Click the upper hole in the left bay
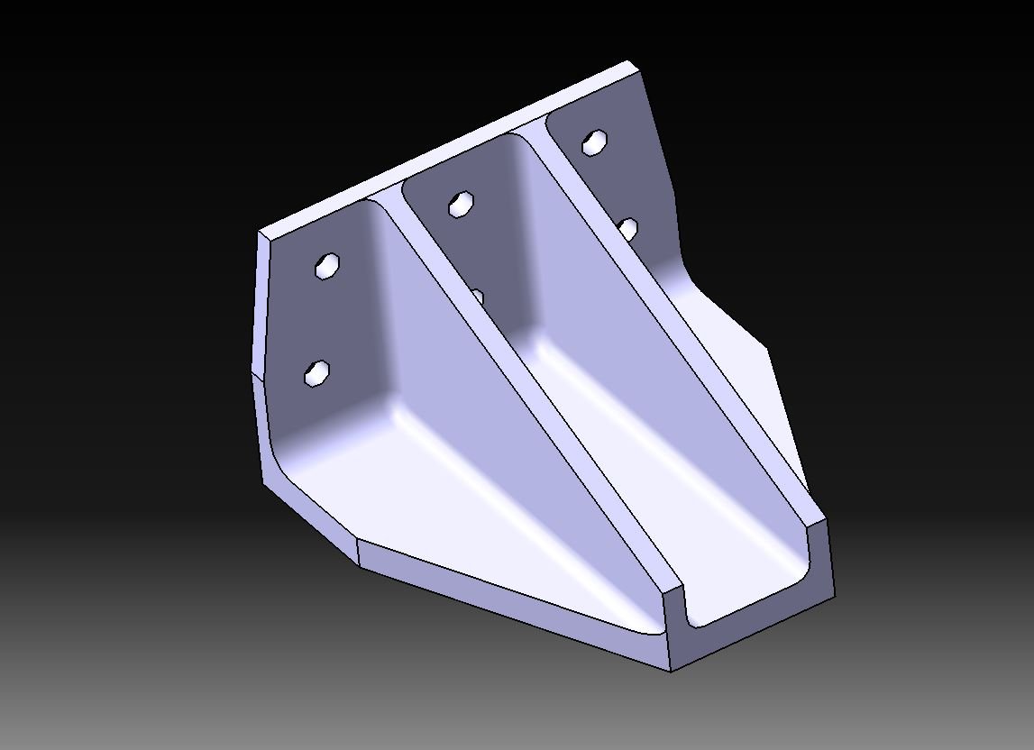pyautogui.click(x=326, y=266)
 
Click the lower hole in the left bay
pyautogui.click(x=317, y=371)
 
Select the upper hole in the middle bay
pyautogui.click(x=461, y=205)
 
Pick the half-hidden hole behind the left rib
pyautogui.click(x=479, y=297)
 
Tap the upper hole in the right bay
pyautogui.click(x=594, y=142)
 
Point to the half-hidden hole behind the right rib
pyautogui.click(x=629, y=229)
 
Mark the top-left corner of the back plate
pyautogui.click(x=261, y=233)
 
